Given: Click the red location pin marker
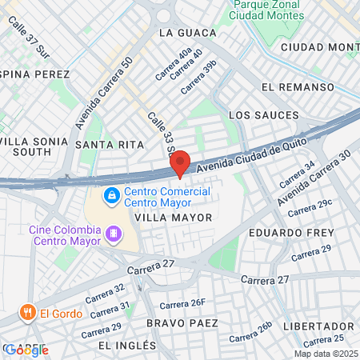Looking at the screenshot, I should [x=180, y=162].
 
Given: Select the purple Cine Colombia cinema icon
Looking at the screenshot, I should [x=114, y=234].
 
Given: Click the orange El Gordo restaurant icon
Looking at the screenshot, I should [x=27, y=313].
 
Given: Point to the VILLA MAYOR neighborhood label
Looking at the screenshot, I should [x=174, y=217].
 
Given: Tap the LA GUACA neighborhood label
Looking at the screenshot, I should [x=188, y=33].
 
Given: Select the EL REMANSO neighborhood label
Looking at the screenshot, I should [x=297, y=86].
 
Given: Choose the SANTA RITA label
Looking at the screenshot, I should [x=110, y=144].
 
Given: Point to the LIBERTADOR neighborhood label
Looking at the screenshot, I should [x=318, y=326].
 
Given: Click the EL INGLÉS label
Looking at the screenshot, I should [x=127, y=345].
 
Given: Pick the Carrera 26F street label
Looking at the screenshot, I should [x=182, y=303].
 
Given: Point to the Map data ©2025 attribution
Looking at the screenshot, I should [x=326, y=354].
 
